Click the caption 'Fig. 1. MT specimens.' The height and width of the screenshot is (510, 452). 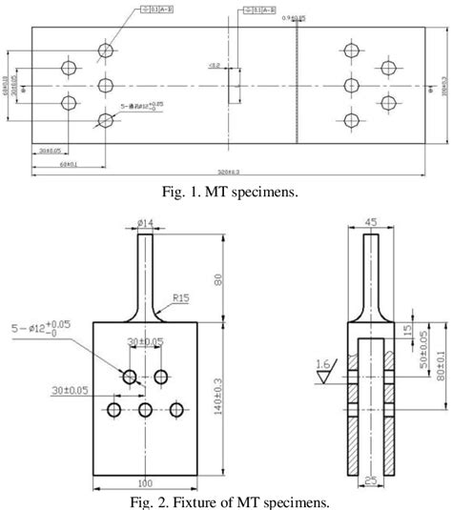click(226, 192)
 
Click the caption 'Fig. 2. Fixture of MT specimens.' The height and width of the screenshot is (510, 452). click(226, 500)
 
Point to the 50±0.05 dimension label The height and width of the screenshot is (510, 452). click(423, 354)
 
